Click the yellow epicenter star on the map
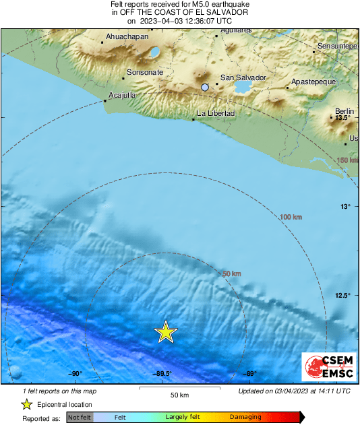pos(166,332)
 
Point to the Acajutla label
pos(122,95)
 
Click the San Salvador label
pos(244,78)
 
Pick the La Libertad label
pos(215,113)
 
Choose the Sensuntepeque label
pos(337,45)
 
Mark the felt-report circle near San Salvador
pos(205,87)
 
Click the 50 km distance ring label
pos(231,273)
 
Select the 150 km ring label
pos(347,160)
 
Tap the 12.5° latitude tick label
pos(344,295)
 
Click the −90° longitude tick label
pos(74,374)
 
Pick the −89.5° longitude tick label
pos(162,374)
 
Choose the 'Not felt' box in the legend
pos(78,418)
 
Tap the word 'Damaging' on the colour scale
pos(245,418)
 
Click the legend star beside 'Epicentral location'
pos(26,404)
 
